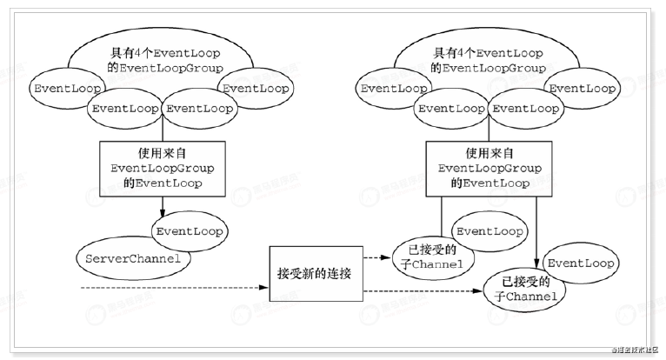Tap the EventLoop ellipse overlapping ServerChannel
(189, 231)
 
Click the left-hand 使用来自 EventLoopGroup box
(163, 165)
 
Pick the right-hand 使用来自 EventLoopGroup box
(490, 165)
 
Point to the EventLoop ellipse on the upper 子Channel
(490, 231)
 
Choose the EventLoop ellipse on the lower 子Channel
(581, 263)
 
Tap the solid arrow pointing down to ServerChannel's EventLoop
(163, 204)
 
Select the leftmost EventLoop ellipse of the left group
(66, 88)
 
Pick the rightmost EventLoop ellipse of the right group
(582, 88)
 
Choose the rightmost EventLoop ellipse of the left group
(255, 88)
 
